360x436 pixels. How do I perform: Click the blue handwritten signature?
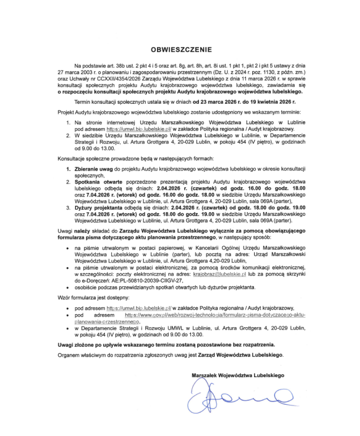[232, 397]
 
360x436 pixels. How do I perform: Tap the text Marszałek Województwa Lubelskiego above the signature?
[238, 375]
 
